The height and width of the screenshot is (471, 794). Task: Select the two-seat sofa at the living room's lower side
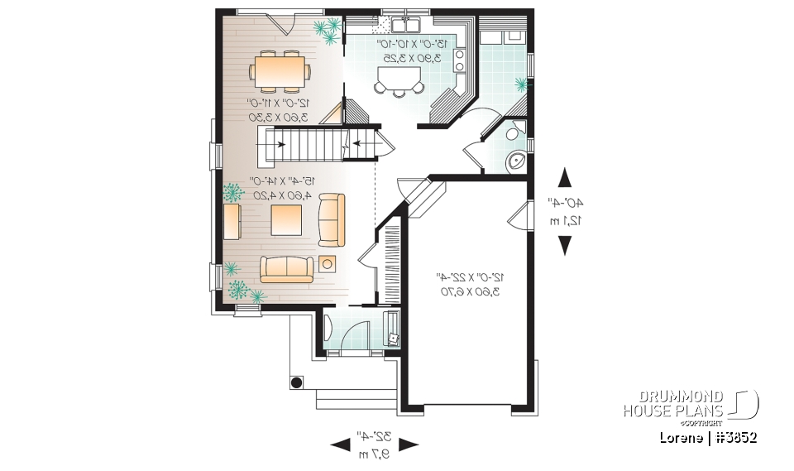click(x=287, y=267)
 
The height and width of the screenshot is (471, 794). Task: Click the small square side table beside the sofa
click(x=328, y=264)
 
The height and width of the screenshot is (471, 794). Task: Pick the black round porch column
click(x=294, y=382)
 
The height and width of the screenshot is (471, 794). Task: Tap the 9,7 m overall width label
click(x=375, y=454)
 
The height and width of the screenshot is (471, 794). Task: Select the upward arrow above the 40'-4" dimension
click(x=566, y=178)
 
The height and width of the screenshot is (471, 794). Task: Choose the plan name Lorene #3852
click(x=708, y=436)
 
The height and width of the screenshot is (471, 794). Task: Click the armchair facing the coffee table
click(x=332, y=219)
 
